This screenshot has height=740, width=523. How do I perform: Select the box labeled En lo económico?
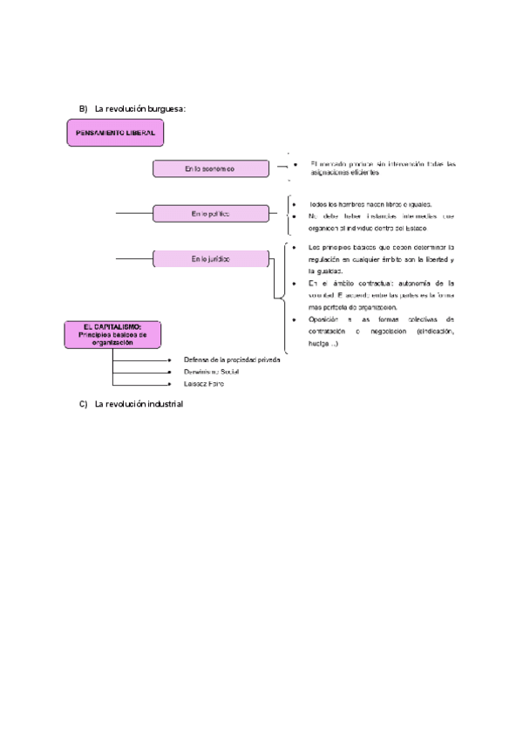point(209,168)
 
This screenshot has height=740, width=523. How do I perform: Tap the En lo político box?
point(209,214)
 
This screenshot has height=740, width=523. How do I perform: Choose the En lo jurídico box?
point(209,258)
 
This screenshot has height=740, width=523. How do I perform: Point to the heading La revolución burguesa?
point(140,108)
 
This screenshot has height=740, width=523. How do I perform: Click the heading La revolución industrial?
point(139,403)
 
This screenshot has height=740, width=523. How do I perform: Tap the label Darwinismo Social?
point(211,371)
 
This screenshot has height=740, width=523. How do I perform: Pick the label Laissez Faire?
point(203,383)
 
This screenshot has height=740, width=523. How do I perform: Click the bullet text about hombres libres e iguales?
point(370,203)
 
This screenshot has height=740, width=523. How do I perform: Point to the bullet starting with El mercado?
point(383,168)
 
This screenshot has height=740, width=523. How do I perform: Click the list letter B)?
point(84,108)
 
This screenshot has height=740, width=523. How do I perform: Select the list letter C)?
point(84,403)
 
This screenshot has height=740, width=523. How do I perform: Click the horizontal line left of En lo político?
point(133,213)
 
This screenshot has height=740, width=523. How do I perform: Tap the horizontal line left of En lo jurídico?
point(133,258)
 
